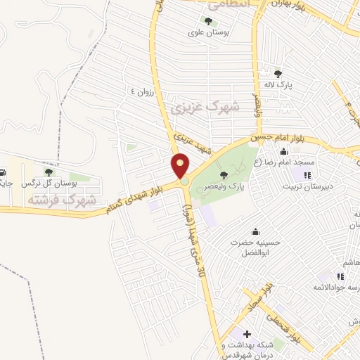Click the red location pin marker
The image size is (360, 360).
coord(181,165)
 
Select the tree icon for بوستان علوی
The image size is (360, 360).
coord(208,21)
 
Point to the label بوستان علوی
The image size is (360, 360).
coord(207,32)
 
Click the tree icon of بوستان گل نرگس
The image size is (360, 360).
coord(49,172)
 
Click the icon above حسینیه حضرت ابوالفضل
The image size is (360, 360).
coord(255,231)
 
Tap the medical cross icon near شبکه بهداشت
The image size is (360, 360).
coord(247,333)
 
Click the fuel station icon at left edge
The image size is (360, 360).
coord(3,172)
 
